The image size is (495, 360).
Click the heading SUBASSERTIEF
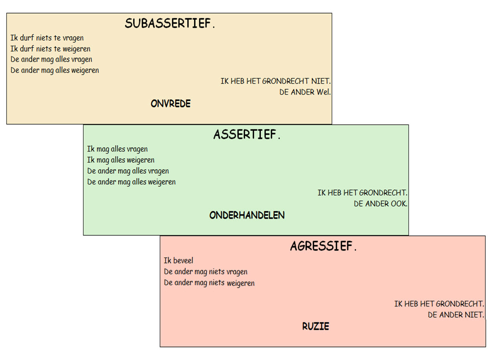coord(170,23)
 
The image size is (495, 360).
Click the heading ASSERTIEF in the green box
coord(247,134)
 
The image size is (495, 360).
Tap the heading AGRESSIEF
coord(323,246)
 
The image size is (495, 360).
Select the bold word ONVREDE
coord(170,103)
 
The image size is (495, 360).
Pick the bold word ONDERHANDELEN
coord(247,215)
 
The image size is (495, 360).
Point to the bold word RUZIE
coord(316,326)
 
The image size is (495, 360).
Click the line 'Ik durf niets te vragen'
coord(47,38)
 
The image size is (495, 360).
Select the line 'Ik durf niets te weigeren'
coord(51,49)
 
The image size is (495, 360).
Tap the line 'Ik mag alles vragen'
coord(118,149)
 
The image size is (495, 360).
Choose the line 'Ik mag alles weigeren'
coord(121,160)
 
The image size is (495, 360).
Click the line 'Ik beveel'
coord(179,261)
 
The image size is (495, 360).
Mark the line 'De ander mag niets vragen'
coord(205,272)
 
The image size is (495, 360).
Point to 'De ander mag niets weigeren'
coord(209,283)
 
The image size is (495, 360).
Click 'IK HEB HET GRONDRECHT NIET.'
coord(276,81)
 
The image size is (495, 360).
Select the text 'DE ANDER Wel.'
coord(305,92)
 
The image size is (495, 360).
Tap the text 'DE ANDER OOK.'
coord(381,204)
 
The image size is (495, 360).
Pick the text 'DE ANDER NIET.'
coord(456,315)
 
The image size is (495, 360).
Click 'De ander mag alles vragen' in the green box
coord(128,171)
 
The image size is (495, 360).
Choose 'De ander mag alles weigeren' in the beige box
coord(55,71)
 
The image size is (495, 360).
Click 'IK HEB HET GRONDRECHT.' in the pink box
coord(439,304)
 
